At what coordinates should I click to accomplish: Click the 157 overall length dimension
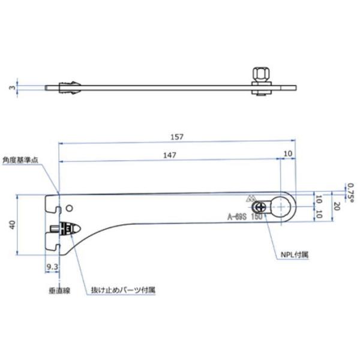[x=177, y=137]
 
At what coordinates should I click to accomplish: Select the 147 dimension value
[x=172, y=155]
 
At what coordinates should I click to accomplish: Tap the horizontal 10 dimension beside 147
[x=289, y=154]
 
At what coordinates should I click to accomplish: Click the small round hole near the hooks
[x=70, y=208]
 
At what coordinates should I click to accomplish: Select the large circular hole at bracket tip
[x=281, y=206]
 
